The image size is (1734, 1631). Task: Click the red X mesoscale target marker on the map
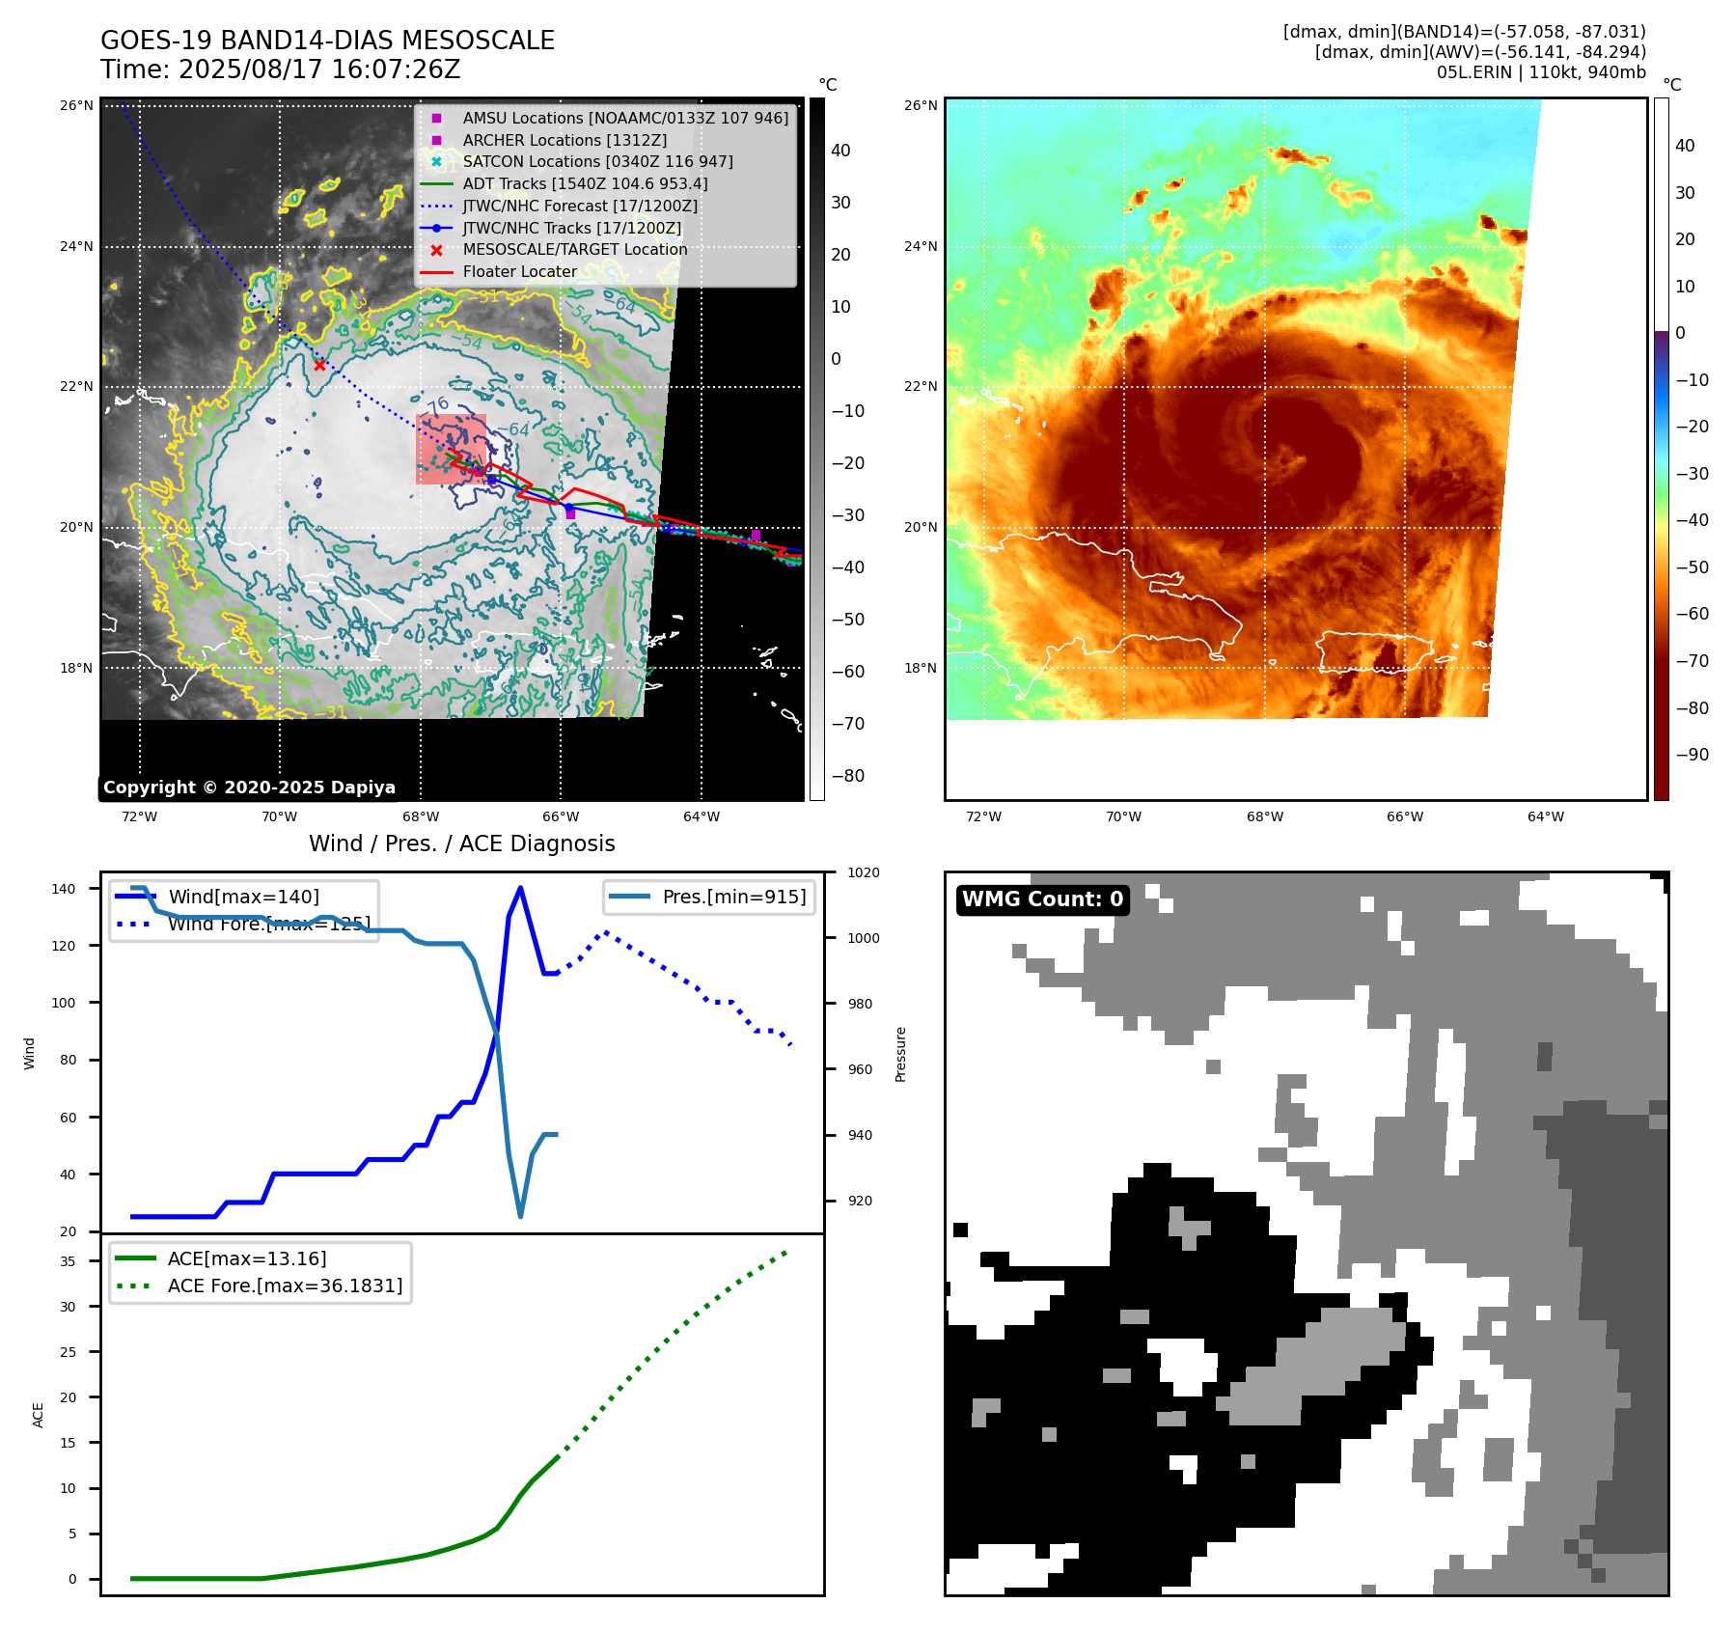319,365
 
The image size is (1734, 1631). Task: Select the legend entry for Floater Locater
519,272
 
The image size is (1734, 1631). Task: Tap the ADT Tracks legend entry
585,183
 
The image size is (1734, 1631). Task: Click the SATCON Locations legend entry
597,161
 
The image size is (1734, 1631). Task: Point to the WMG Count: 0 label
1042,899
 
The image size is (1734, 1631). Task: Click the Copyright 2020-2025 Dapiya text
249,788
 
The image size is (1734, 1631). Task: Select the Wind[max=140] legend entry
243,897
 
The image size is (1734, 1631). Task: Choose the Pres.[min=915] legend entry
733,897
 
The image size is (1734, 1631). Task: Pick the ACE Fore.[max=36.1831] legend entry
285,1285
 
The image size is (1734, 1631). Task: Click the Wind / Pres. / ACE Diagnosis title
461,843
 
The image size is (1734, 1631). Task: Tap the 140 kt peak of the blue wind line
521,888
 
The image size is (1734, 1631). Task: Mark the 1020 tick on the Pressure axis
863,872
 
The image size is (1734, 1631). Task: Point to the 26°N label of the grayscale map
76,105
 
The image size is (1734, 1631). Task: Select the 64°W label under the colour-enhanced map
1545,816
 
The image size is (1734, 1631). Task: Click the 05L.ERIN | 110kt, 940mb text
1541,72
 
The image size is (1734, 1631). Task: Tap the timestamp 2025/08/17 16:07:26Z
319,69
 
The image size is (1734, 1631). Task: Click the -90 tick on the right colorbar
1692,755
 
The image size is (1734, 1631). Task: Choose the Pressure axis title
900,1054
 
